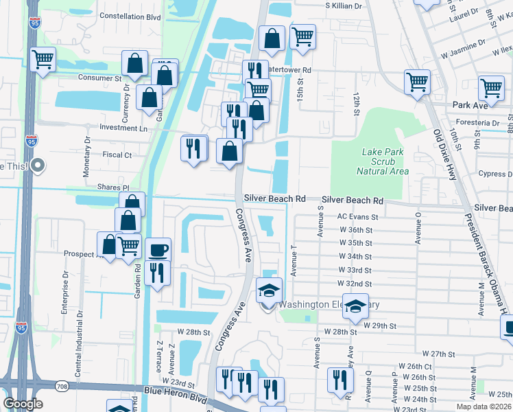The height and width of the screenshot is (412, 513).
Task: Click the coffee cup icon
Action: pyautogui.click(x=158, y=249)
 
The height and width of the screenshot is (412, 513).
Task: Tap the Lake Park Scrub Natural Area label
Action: pyautogui.click(x=385, y=161)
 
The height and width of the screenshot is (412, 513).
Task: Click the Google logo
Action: pyautogui.click(x=23, y=404)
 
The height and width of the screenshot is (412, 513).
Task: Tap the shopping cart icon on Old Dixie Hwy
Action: pyautogui.click(x=417, y=82)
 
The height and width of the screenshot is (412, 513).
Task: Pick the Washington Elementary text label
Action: pyautogui.click(x=329, y=304)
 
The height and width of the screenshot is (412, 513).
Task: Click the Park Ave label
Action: pyautogui.click(x=470, y=106)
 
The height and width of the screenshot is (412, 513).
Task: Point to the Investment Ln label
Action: pyautogui.click(x=123, y=128)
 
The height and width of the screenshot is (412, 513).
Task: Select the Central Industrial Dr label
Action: pyautogui.click(x=81, y=333)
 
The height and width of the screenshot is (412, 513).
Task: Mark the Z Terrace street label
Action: pyautogui.click(x=158, y=357)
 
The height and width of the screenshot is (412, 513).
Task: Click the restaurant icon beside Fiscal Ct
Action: pyautogui.click(x=193, y=148)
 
